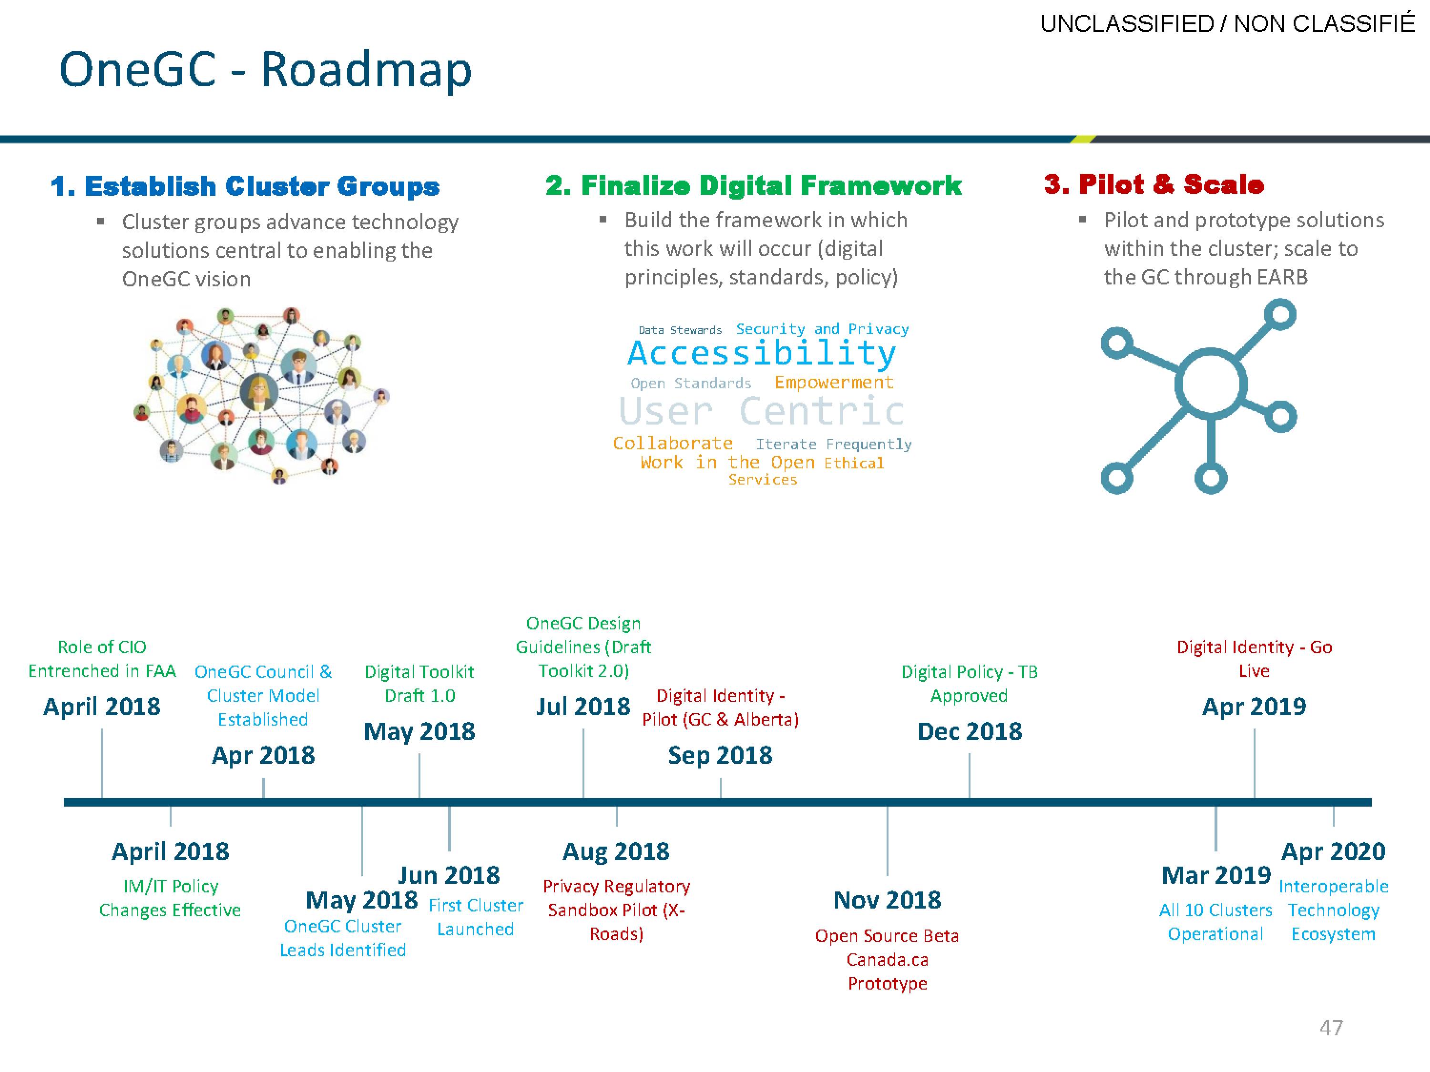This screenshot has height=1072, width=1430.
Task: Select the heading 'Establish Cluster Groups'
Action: click(x=262, y=186)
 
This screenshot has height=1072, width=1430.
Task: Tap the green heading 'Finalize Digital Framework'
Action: click(x=771, y=185)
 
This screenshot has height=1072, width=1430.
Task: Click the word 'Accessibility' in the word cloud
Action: click(x=762, y=354)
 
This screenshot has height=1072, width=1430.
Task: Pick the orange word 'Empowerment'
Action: click(x=834, y=383)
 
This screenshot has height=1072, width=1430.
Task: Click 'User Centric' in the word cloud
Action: click(x=762, y=411)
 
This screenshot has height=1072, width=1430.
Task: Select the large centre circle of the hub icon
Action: click(x=1211, y=385)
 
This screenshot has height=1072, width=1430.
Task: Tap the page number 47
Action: click(x=1331, y=1027)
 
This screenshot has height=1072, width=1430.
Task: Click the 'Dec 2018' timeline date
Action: click(x=970, y=731)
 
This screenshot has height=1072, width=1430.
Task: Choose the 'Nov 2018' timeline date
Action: click(x=887, y=900)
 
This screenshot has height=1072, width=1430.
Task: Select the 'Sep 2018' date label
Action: click(x=720, y=755)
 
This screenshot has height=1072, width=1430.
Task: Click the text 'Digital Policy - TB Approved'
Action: click(x=969, y=684)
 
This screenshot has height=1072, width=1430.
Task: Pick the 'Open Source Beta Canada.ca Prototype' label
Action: click(x=887, y=960)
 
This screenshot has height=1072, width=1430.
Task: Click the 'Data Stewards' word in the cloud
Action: click(x=680, y=330)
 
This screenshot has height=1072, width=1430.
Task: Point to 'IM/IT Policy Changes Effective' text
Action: click(x=170, y=898)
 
